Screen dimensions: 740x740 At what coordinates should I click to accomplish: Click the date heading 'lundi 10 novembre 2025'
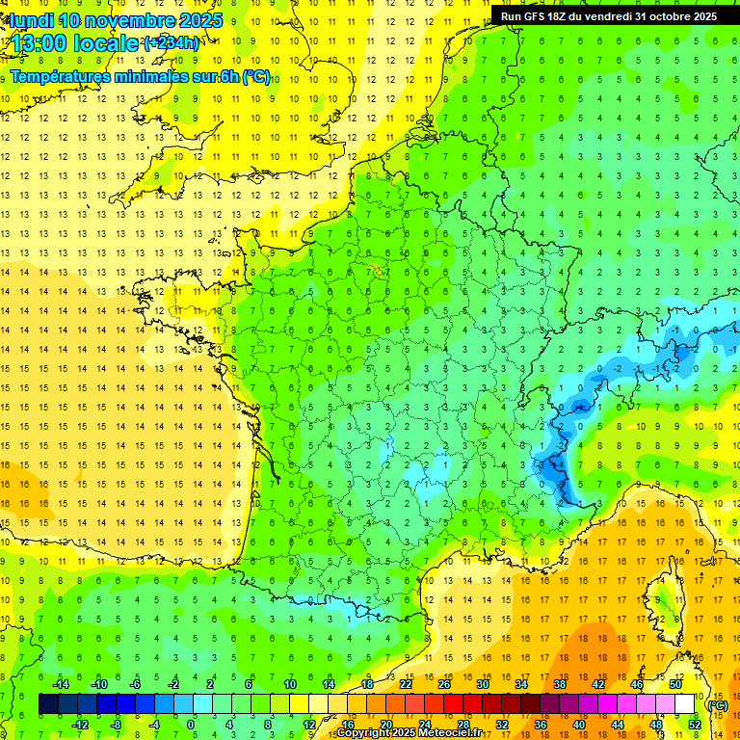(x=117, y=20)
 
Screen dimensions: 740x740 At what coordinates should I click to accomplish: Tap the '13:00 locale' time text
(x=75, y=42)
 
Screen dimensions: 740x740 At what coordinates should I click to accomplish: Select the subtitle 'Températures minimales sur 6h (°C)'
(x=140, y=77)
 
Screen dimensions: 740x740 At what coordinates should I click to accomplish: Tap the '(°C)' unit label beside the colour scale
(x=716, y=704)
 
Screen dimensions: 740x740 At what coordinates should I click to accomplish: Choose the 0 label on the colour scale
(x=191, y=724)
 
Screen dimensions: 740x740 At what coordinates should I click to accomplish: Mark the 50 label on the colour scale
(x=674, y=684)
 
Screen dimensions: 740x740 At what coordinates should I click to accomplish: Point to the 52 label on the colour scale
(x=694, y=724)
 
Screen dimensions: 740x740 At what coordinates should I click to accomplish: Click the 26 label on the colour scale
(x=444, y=684)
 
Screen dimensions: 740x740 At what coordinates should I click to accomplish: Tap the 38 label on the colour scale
(x=560, y=684)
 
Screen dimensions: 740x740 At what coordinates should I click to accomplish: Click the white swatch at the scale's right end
(x=685, y=704)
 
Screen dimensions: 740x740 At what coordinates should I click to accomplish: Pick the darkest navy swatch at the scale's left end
(x=48, y=704)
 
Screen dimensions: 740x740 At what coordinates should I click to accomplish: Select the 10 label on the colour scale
(x=289, y=684)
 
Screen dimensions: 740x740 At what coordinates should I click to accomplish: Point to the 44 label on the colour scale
(x=617, y=724)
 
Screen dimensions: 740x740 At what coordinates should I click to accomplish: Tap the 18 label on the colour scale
(x=366, y=684)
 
